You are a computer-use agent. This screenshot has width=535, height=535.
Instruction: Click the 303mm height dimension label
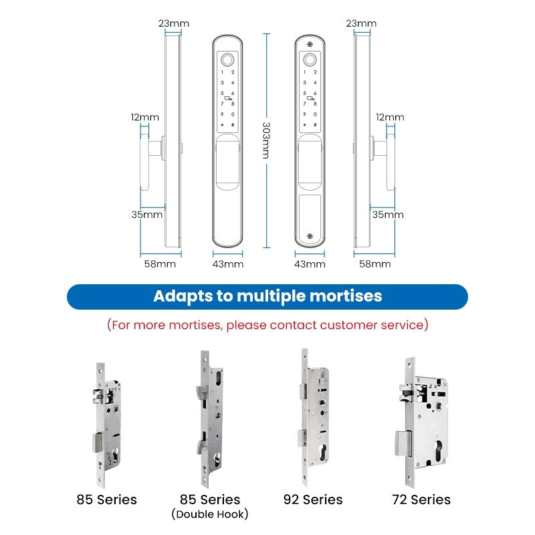[266, 140]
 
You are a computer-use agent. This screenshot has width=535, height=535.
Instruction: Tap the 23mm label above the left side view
[174, 23]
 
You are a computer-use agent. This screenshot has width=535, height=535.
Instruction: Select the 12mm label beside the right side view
[390, 117]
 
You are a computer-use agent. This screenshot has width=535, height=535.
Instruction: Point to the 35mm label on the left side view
[146, 215]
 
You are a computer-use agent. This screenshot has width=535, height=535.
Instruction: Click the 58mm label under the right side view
[375, 264]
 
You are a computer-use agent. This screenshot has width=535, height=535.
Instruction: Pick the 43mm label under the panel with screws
[310, 264]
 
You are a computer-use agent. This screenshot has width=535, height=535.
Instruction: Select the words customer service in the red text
[372, 325]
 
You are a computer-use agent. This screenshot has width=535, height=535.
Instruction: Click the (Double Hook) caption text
[209, 514]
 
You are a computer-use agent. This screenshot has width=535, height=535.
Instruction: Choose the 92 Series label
[313, 500]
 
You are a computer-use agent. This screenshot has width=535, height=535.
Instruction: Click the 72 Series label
[421, 500]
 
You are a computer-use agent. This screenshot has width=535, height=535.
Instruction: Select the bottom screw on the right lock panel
[310, 235]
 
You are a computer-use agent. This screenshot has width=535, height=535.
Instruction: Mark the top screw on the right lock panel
[310, 42]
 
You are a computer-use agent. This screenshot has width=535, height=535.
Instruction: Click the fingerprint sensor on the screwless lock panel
[227, 58]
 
